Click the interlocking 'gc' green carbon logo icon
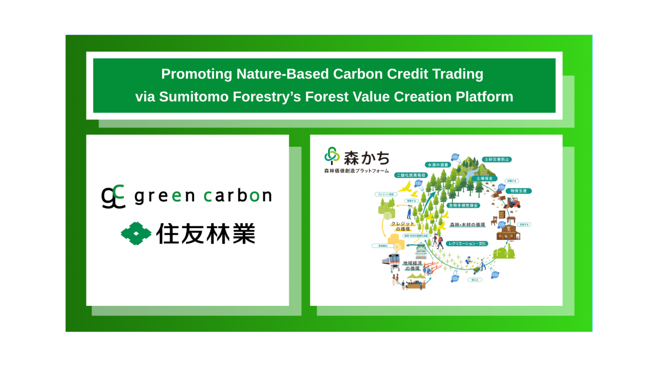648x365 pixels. point(113,196)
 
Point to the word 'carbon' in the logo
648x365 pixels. point(238,196)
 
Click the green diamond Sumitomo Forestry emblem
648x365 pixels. point(136,234)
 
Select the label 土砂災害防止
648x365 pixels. point(497,160)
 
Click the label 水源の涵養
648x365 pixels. point(438,165)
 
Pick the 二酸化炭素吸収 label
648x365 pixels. point(411,175)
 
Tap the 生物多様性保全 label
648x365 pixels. point(463,205)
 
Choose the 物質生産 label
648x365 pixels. point(518,191)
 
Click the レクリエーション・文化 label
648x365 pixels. point(467,244)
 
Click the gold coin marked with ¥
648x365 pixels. point(397,247)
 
